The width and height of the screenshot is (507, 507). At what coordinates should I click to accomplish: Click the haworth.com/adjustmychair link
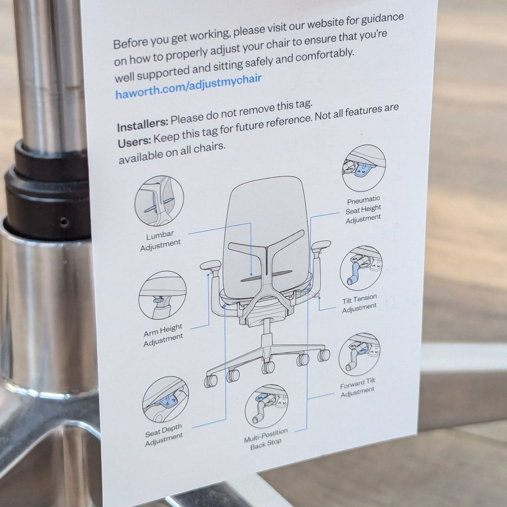coord(189,87)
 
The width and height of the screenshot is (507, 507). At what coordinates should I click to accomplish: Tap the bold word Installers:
coord(143,125)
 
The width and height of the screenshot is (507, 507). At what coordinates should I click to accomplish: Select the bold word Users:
coord(134,142)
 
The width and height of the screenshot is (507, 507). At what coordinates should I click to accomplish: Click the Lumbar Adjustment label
coord(160,240)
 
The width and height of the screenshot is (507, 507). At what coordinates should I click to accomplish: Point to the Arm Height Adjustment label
coord(163,335)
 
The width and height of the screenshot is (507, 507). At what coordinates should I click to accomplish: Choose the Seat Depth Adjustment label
coord(163,435)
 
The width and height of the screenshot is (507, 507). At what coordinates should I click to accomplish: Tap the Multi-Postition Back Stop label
coord(266,439)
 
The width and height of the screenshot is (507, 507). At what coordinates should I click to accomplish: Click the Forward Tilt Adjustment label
coord(357,387)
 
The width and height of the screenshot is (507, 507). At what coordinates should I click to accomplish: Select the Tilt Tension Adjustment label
coord(359,304)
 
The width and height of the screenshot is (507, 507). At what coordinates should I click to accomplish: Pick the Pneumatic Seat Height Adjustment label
coord(363,209)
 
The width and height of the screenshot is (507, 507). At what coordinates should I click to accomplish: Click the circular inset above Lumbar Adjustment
coord(159,201)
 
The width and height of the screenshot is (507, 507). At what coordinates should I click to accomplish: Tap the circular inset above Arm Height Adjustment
coord(163,295)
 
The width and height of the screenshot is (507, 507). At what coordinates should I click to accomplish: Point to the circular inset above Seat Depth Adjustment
coord(165,400)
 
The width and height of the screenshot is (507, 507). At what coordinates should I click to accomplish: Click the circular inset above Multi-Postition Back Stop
coord(266,406)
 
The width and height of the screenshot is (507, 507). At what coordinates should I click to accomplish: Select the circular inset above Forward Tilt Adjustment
coord(359,355)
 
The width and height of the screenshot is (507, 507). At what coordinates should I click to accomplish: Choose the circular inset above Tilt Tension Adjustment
coord(361,269)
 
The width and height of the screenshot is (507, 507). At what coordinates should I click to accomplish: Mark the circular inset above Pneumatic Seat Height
coord(364,168)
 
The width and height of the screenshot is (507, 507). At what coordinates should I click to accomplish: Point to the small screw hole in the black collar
coord(64,222)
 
